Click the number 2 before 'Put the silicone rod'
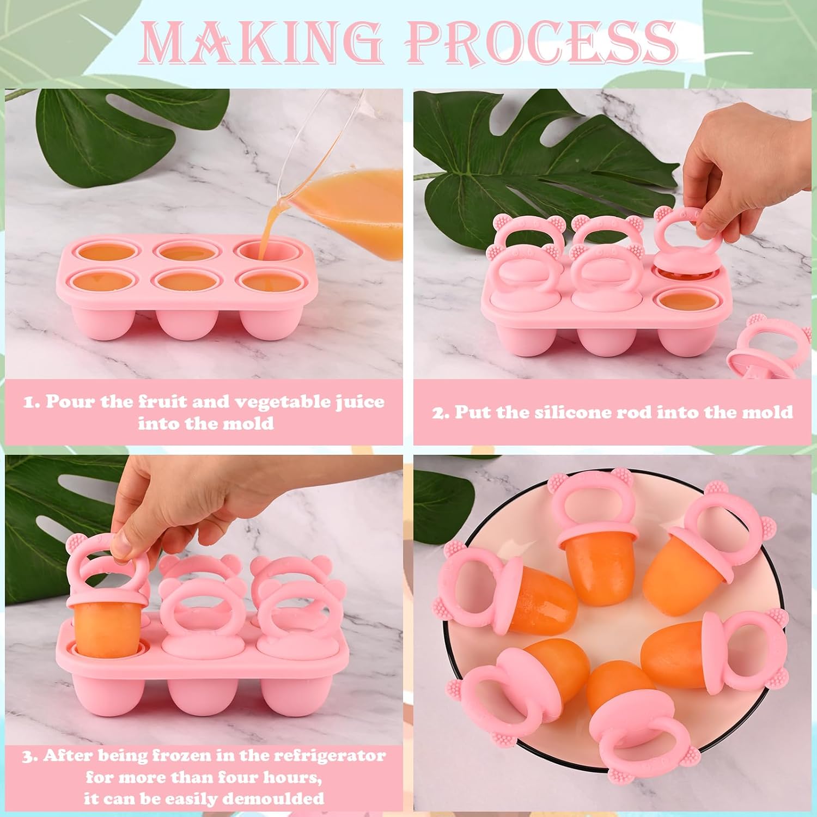click(x=441, y=412)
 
